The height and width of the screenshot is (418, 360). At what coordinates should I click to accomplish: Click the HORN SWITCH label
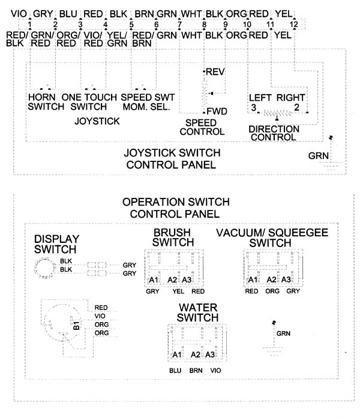pos(46,102)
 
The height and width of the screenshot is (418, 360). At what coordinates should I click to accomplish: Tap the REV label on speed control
pos(215,72)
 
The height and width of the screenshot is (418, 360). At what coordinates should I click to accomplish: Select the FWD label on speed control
pos(217,111)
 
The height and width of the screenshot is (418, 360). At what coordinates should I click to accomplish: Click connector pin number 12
pos(293,25)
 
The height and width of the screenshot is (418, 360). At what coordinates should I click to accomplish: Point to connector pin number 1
pos(29,25)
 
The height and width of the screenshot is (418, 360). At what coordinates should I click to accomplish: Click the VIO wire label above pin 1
pos(19,14)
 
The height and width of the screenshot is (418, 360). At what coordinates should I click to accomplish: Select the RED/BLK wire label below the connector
pos(17,39)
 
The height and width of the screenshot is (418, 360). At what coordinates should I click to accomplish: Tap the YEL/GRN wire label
pos(117,39)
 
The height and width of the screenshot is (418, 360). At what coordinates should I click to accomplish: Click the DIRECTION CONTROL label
pos(274,133)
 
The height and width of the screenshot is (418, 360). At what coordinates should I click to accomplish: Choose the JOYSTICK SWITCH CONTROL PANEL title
pos(172,159)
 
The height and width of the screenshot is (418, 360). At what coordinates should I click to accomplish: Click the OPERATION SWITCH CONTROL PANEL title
pos(176,208)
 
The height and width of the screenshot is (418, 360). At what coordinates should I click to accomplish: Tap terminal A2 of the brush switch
pos(172,280)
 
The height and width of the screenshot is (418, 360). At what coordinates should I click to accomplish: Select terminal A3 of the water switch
pos(210,354)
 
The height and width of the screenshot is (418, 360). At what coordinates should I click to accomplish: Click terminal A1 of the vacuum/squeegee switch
pos(253,279)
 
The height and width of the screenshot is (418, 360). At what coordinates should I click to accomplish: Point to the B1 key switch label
pos(76,325)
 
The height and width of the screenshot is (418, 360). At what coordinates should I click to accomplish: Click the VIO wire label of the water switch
pos(215,371)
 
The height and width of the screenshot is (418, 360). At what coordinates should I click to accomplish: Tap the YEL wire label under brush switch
pos(178,291)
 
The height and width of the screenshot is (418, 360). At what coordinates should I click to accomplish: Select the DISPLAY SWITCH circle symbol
pos(45,268)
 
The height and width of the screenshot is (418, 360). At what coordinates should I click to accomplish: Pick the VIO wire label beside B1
pos(100,316)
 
